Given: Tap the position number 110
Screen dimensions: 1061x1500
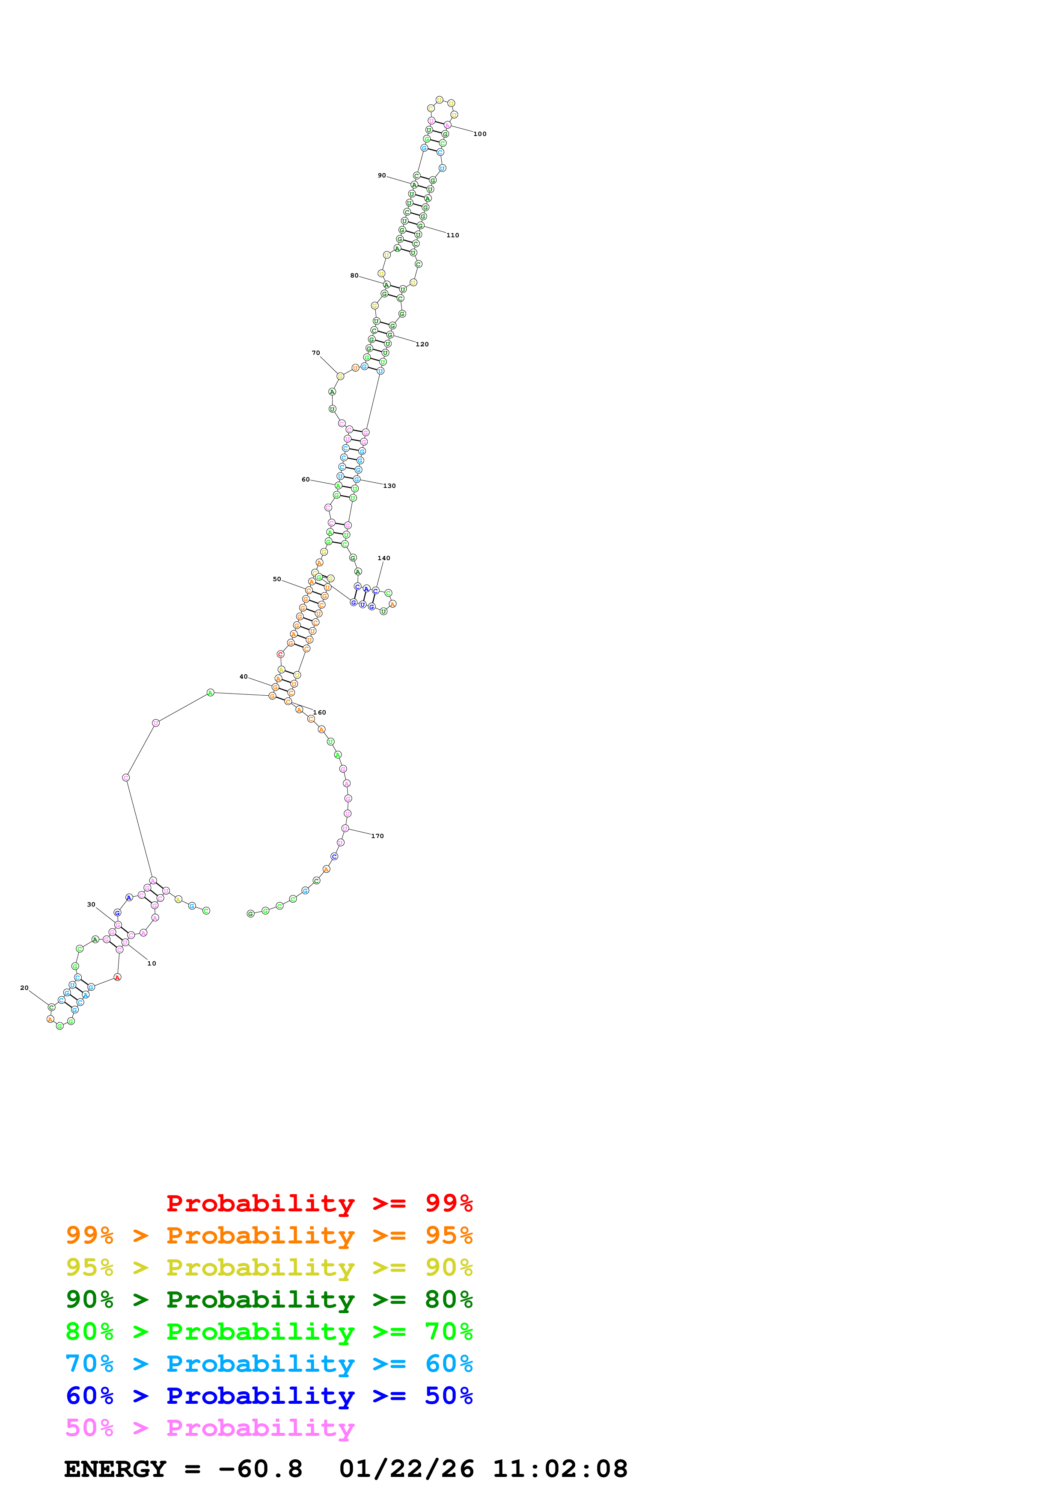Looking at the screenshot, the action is (x=452, y=235).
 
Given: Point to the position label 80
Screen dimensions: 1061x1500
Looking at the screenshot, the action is (x=354, y=276).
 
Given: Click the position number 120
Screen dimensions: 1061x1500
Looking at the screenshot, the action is (x=422, y=344).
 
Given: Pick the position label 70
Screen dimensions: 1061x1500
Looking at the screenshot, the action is (x=316, y=353).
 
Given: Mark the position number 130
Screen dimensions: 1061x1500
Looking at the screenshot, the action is (x=389, y=486).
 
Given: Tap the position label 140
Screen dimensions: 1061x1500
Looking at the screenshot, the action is (x=384, y=558).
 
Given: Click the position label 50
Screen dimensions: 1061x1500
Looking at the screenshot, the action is (x=277, y=579).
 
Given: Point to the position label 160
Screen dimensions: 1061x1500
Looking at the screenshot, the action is (x=320, y=713).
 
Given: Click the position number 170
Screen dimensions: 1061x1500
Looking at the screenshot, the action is (x=378, y=836).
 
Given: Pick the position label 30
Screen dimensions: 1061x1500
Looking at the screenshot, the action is (x=92, y=905).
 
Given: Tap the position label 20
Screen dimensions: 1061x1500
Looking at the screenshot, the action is (x=24, y=988).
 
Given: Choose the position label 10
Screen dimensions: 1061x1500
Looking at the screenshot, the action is (x=152, y=964).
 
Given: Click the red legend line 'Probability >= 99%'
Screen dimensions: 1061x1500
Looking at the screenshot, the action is (x=319, y=1203).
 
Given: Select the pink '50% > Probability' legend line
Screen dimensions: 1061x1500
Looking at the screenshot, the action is (x=210, y=1428).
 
